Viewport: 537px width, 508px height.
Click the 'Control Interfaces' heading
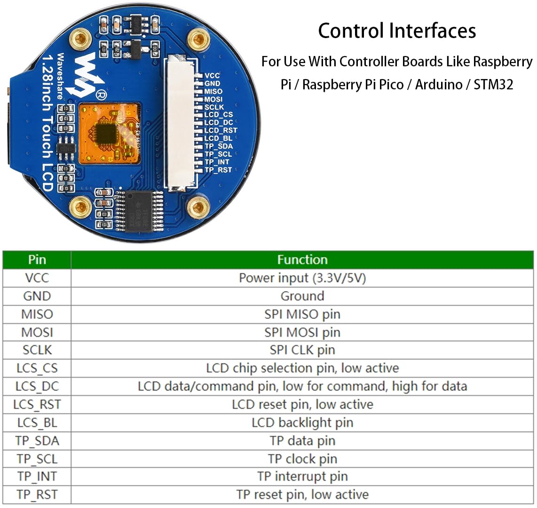[397, 31]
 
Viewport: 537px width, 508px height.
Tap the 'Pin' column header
[37, 260]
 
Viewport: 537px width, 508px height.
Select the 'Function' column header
[302, 260]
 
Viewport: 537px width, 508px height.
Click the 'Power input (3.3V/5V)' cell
[302, 278]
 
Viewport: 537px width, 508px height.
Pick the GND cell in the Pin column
[37, 296]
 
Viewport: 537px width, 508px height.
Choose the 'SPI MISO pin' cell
[302, 314]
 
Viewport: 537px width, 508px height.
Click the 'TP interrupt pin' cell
[302, 476]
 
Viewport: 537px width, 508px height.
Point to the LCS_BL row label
[37, 422]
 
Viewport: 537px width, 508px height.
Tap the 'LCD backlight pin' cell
[302, 422]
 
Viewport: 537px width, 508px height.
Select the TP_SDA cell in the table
[37, 441]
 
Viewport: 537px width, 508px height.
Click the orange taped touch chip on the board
[110, 133]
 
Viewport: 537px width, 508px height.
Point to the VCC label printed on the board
[212, 75]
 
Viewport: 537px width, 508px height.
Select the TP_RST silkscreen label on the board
[218, 170]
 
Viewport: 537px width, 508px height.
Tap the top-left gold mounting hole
[80, 39]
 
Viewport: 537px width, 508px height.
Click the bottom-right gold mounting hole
[198, 207]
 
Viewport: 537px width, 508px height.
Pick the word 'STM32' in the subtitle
[493, 85]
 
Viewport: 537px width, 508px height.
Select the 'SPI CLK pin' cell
[302, 350]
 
